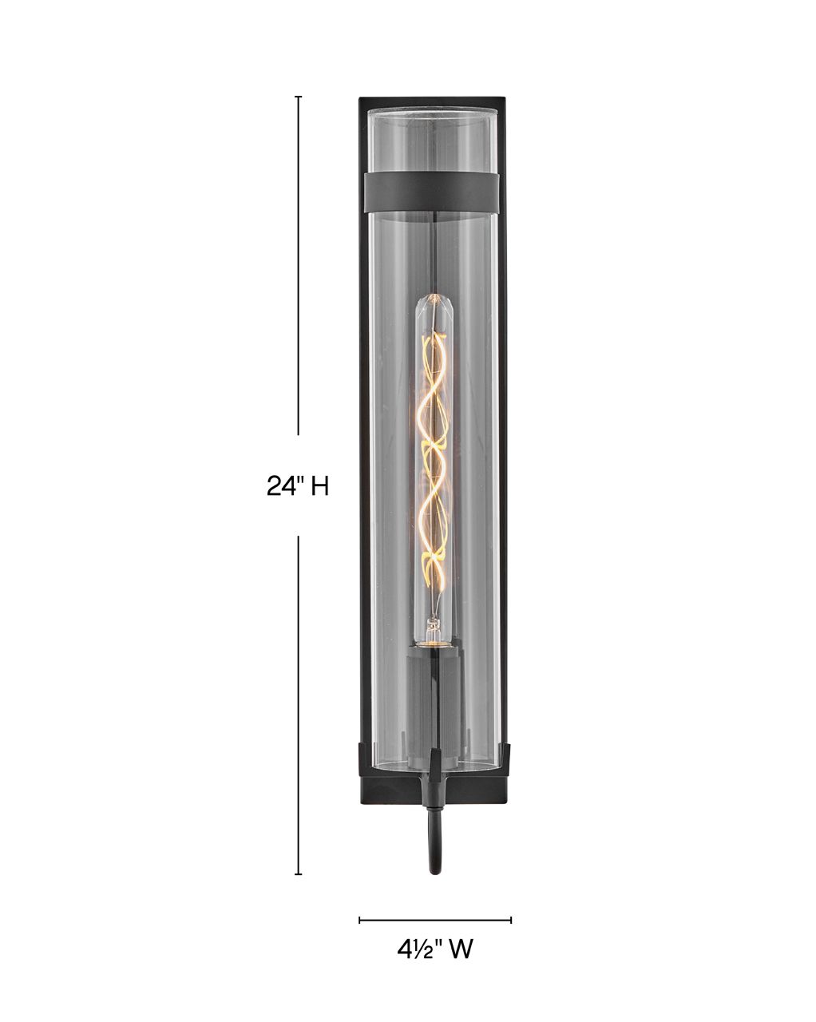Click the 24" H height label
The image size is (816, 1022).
coord(298,486)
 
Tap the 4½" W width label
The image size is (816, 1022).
coord(435,949)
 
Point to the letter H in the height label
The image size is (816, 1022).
coord(319,486)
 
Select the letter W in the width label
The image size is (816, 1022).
coord(461,949)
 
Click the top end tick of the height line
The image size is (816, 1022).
coord(299,97)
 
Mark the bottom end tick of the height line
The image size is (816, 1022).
coord(299,874)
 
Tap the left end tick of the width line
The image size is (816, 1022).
coord(359,920)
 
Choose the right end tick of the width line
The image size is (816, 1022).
coord(511,920)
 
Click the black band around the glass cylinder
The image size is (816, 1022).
coord(431,192)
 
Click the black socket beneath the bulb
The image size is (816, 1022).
coord(434,655)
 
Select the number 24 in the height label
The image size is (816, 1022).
coord(280,486)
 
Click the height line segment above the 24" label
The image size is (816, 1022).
coord(299,263)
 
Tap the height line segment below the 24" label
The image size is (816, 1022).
coord(299,703)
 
